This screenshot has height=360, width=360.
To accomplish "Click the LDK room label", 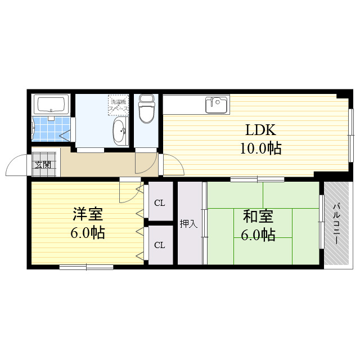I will coord(260,130).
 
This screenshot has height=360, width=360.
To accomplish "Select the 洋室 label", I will coord(87,214).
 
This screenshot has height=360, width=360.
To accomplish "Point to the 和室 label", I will coord(258,216).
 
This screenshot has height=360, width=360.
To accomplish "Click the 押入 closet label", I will coord(188,224).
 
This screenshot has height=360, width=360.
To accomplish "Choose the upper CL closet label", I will coord(160,202).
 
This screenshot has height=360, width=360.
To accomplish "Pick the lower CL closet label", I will coord(160,245).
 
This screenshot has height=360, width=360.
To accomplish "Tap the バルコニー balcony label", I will coord(336,223).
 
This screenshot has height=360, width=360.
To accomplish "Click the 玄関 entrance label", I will coord(42,165).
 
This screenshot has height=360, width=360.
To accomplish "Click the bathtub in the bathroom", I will coord(52,105).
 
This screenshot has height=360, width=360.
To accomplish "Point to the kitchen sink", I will coord(217,104).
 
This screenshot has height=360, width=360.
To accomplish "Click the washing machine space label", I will coord(119,103).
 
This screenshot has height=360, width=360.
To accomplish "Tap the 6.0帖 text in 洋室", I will coord(87,232).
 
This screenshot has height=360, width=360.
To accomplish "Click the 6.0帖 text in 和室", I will coord(258,235).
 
